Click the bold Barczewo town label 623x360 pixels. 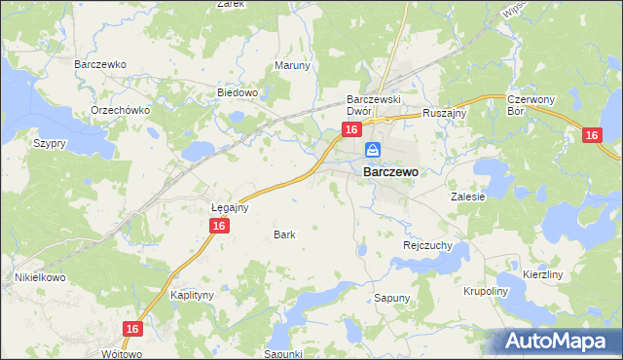(x=390, y=171)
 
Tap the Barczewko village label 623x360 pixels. (x=101, y=64)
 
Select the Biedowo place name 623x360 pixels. (x=237, y=93)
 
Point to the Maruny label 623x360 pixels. (x=292, y=66)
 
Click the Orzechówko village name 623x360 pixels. (x=119, y=110)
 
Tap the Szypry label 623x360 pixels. (x=50, y=143)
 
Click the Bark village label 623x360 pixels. (x=284, y=234)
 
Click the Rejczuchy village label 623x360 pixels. (x=427, y=246)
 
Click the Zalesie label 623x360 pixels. (x=467, y=196)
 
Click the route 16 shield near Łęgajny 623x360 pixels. (x=219, y=226)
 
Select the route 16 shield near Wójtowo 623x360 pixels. (x=134, y=330)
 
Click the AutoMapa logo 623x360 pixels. (x=558, y=342)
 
